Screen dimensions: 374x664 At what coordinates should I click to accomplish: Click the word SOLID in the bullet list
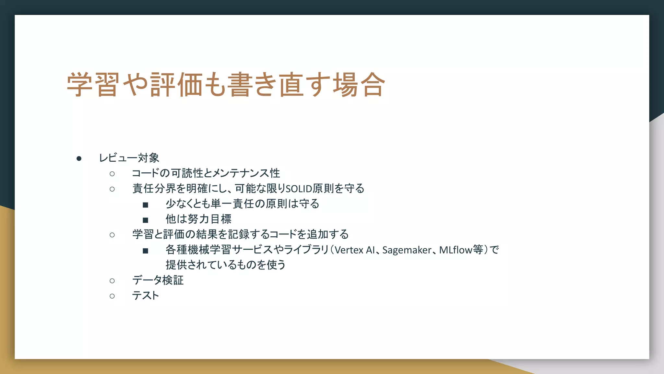pos(298,189)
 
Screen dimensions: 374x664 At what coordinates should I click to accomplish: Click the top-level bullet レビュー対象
pos(129,158)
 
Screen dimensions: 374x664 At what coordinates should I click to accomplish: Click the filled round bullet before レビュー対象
pos(79,158)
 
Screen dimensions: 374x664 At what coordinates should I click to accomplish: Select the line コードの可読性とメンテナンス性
pos(206,173)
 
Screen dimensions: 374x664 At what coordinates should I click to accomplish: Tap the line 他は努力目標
pos(198,219)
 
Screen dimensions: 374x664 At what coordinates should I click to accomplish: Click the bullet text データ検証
pos(158,280)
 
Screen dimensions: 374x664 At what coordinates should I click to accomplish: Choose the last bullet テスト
pos(146,295)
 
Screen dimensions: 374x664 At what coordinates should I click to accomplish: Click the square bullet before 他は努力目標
pos(145,220)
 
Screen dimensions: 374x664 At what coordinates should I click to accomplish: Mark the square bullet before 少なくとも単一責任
pos(145,205)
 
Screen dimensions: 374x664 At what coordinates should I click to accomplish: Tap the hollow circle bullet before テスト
pos(112,296)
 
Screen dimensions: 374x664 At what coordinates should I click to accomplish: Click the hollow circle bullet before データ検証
pos(112,280)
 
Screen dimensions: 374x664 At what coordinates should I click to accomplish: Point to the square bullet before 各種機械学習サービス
pos(145,251)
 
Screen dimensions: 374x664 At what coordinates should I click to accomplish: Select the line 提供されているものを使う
pos(225,265)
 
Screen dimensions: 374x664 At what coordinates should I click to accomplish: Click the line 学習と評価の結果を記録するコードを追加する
pos(240,234)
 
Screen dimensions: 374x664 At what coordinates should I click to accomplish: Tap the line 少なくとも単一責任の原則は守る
pos(242,204)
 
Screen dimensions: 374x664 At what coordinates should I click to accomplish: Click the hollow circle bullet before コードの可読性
pos(112,174)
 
